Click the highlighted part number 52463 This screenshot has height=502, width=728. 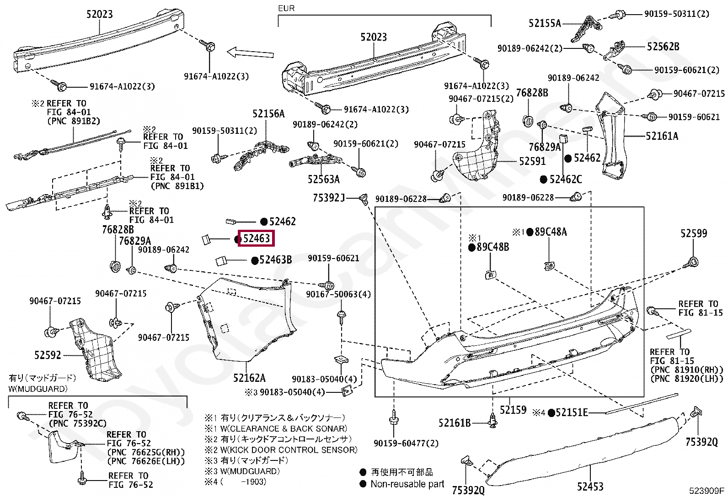tap(257, 238)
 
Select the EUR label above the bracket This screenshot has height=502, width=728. tap(286, 8)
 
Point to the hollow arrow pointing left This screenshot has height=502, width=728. tap(250, 53)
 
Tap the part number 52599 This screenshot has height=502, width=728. tap(694, 233)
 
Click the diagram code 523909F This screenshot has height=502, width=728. tap(707, 490)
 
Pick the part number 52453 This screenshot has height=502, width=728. tap(590, 486)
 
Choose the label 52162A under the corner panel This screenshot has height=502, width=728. tap(249, 378)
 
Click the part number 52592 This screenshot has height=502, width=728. tap(48, 355)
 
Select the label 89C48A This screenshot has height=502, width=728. tap(551, 232)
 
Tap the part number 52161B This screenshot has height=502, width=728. tap(455, 423)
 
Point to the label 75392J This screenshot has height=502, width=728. tap(329, 198)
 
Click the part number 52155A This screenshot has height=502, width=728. tap(545, 23)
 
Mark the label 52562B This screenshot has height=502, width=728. tap(663, 47)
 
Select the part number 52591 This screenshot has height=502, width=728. tap(532, 161)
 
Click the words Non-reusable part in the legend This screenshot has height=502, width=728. tap(407, 484)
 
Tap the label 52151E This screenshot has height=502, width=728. tap(572, 412)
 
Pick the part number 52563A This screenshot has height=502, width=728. tap(324, 179)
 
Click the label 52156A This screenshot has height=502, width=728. tap(268, 114)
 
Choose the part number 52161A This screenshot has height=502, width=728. tap(662, 136)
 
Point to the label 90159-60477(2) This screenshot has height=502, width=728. tap(406, 443)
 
